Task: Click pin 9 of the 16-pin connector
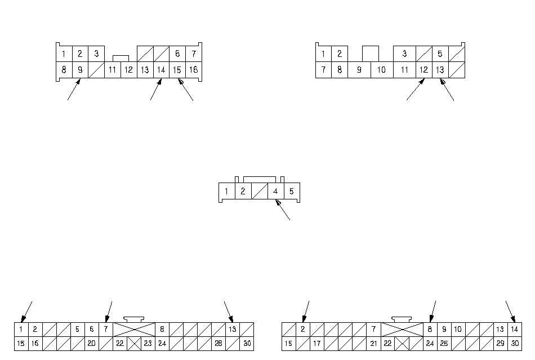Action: [x=80, y=70]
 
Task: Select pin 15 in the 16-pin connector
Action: [x=177, y=70]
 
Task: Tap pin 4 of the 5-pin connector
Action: [x=275, y=192]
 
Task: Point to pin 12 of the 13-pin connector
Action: [x=423, y=70]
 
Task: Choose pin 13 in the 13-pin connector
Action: [x=440, y=70]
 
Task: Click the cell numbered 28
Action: [x=218, y=343]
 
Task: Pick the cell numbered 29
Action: [x=500, y=343]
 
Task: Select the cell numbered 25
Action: [x=444, y=343]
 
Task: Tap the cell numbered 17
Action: [x=317, y=343]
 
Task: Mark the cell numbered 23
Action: [x=148, y=343]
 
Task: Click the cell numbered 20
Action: [x=91, y=343]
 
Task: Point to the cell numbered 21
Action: [x=373, y=343]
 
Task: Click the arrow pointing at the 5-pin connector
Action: [x=283, y=211]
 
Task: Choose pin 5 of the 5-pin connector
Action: [x=292, y=192]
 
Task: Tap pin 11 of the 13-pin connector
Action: [x=404, y=70]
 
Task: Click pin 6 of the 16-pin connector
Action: [x=177, y=54]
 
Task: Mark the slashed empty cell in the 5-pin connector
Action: [x=259, y=192]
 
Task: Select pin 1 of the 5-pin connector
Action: [x=226, y=192]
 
